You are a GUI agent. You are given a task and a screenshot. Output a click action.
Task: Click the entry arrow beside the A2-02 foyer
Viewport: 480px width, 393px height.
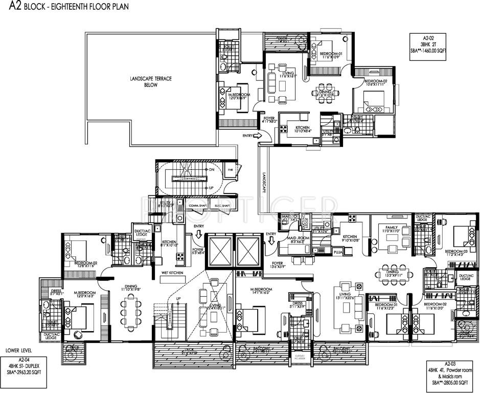(x=258, y=135)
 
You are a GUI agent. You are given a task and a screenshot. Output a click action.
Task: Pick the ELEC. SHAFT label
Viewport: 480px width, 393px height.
(x=221, y=206)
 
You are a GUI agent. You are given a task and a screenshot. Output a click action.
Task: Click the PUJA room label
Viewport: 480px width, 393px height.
(x=337, y=253)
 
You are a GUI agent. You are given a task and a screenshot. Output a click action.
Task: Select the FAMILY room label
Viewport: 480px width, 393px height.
(x=392, y=228)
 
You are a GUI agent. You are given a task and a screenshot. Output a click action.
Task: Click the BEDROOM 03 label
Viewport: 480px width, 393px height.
(x=456, y=252)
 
